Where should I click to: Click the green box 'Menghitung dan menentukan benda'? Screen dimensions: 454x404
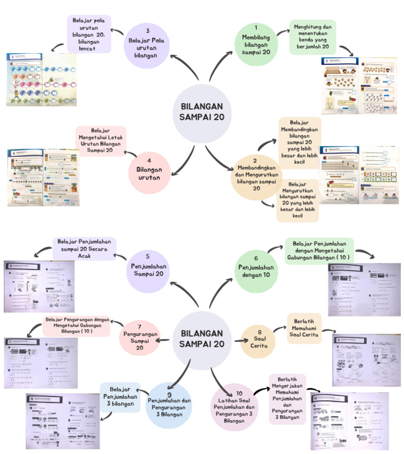tap(312, 37)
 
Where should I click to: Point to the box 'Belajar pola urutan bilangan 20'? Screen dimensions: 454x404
tap(89, 34)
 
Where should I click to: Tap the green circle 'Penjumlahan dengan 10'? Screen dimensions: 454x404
tap(256, 270)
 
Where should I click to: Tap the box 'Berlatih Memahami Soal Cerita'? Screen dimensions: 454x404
tap(304, 329)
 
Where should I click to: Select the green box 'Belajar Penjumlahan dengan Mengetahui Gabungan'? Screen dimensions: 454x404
tap(319, 251)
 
